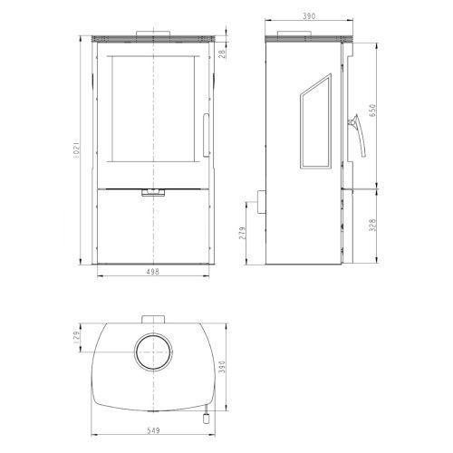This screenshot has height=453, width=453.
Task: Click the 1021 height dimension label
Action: (76, 149)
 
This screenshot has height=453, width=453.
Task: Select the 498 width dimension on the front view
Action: (153, 272)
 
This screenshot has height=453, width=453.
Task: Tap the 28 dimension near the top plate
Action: (222, 54)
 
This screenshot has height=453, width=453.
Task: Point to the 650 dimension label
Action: (372, 111)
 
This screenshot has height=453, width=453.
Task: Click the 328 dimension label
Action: (372, 225)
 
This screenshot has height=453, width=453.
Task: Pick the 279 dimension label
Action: (243, 233)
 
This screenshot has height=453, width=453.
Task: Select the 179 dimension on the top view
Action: (76, 337)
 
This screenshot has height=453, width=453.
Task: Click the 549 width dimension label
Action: (153, 430)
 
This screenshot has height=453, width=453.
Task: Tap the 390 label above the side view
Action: (309, 16)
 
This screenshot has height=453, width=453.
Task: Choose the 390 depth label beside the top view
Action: (222, 367)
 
